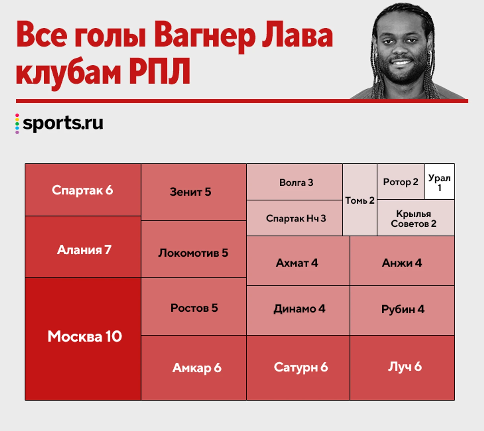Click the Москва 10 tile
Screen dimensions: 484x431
coord(83,339)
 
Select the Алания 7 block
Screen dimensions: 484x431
coord(83,247)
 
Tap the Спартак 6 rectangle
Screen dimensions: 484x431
coord(83,190)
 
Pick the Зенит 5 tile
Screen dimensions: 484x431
coord(194,192)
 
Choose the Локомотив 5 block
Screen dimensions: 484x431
coord(194,249)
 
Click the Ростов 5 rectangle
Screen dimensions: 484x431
coord(194,306)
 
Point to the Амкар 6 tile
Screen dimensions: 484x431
coord(194,368)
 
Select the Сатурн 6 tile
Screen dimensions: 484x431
coord(298,368)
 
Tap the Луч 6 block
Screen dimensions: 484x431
coord(402,368)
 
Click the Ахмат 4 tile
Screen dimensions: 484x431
coord(298,261)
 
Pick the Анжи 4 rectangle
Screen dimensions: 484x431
coord(402,261)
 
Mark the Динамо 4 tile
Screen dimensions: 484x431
coord(298,310)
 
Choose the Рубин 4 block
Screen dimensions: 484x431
coord(402,310)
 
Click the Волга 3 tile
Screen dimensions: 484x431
coord(295,182)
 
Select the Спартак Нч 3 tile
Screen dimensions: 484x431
coord(295,218)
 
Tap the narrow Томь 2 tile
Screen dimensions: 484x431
coord(360,200)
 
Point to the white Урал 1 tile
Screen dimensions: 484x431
coord(440,181)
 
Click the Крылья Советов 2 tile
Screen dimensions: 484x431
coord(416,217)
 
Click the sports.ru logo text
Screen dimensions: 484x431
coord(63,124)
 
